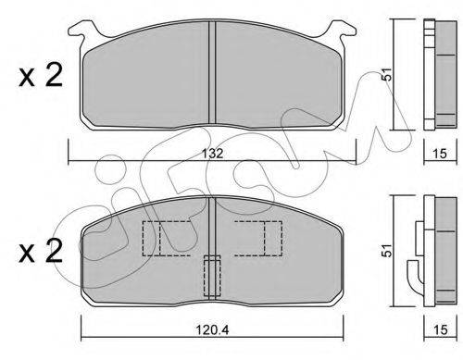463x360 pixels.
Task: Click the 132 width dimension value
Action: tap(213, 154)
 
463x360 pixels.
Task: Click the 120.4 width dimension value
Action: tap(213, 329)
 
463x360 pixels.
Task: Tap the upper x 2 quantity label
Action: tap(41, 75)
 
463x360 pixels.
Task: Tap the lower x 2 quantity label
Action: tap(41, 251)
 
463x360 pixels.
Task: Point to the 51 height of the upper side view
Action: tap(386, 74)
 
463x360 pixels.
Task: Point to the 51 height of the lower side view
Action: tap(386, 250)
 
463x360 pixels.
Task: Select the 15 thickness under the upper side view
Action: tap(440, 154)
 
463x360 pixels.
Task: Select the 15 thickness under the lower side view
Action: tap(440, 329)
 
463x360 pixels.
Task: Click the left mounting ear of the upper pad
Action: tap(81, 31)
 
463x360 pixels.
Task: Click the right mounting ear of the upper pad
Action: tap(344, 31)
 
